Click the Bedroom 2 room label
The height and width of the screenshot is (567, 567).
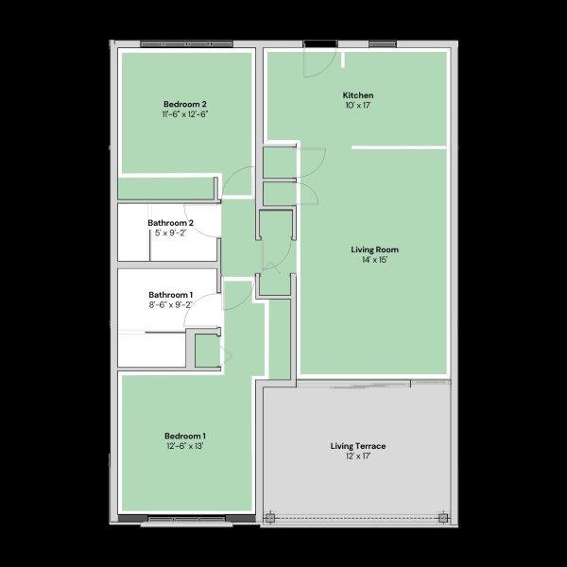(184, 103)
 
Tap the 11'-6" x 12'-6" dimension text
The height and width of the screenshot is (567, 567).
(184, 113)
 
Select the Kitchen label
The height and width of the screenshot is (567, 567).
(358, 95)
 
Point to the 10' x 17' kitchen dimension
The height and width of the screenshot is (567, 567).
(358, 106)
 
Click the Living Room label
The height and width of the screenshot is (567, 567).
(374, 249)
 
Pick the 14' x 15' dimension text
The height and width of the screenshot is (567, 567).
(374, 260)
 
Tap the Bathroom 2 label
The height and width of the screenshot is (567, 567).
(170, 223)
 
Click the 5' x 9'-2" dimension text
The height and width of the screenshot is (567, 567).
(170, 233)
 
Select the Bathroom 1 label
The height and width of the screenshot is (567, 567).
(170, 295)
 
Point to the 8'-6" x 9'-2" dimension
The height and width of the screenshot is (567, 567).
(170, 305)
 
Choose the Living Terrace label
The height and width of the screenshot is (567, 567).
(357, 445)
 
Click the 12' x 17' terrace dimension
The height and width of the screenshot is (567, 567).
(357, 455)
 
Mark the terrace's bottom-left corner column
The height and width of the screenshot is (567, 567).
(270, 518)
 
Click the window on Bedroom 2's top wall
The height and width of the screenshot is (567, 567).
(187, 44)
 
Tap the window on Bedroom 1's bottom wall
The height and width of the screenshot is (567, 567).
(187, 519)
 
